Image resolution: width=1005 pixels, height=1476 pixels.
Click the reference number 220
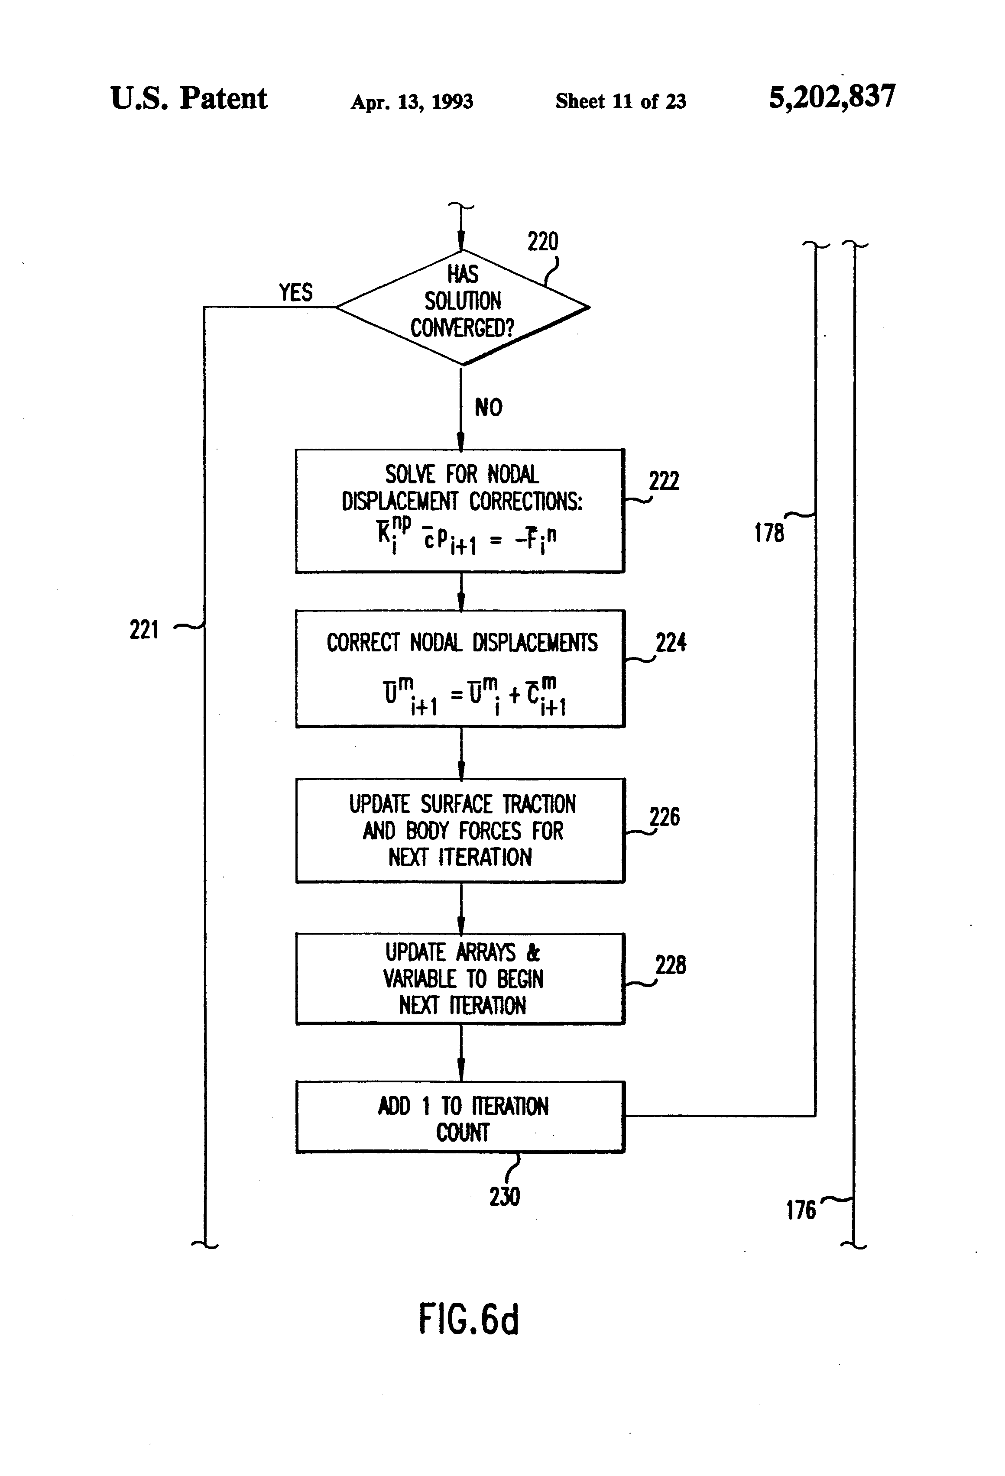tap(542, 242)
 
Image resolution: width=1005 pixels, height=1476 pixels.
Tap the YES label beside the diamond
tap(296, 292)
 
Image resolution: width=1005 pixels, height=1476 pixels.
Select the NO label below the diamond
tap(489, 408)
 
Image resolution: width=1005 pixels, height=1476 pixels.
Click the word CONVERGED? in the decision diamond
tap(462, 328)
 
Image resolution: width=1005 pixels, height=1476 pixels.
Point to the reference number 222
tap(664, 481)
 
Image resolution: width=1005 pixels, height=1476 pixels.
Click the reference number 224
tap(671, 643)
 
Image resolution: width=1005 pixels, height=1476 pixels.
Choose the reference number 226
tap(665, 817)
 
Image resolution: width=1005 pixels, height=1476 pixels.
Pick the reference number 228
tap(671, 965)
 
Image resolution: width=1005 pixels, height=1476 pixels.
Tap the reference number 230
tap(504, 1197)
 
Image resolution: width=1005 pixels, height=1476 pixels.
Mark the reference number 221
tap(144, 630)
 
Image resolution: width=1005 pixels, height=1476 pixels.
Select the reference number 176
tap(801, 1210)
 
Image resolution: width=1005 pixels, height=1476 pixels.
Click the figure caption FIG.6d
tap(469, 1320)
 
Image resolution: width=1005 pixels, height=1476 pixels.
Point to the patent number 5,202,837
tap(832, 97)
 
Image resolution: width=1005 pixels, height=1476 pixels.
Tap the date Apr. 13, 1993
tap(412, 102)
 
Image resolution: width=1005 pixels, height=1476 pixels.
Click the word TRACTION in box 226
tap(539, 804)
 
